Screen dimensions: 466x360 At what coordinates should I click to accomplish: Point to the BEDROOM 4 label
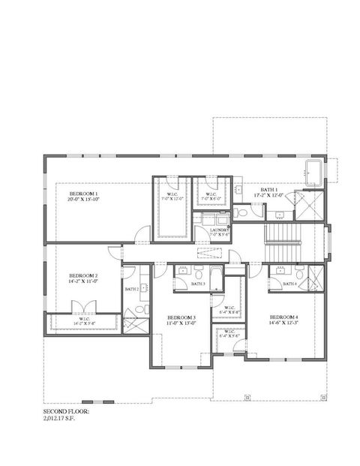pos(283,317)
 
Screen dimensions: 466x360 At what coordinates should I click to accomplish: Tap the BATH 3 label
pos(198,284)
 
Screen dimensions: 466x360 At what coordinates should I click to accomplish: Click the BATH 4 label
pos(289,284)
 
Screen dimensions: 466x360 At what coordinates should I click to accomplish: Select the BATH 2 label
pos(132,289)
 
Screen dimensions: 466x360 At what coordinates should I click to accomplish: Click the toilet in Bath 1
pos(241,213)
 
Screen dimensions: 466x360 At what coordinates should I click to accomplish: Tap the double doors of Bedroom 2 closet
pos(79,308)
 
